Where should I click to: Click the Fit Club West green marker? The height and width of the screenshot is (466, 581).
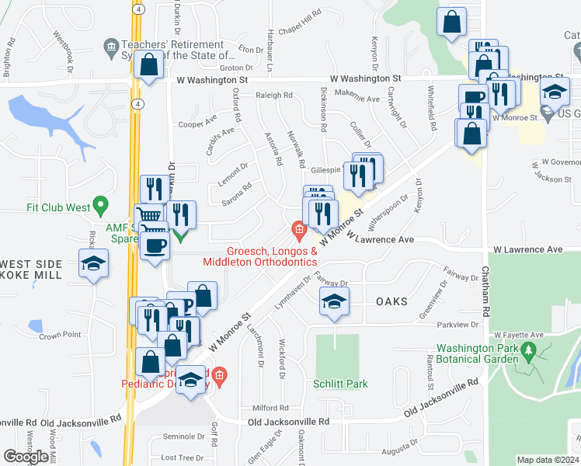point(99,205)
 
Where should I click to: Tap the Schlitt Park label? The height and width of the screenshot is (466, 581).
point(340,384)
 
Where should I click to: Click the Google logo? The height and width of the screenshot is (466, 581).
point(26,457)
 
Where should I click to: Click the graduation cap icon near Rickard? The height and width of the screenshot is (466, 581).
point(93,263)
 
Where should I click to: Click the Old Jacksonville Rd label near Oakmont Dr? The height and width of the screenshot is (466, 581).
point(288,421)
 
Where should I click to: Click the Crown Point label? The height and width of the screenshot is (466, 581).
point(60,336)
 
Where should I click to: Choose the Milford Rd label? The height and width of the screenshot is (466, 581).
point(270,407)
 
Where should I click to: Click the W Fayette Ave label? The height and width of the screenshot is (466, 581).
point(520,334)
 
